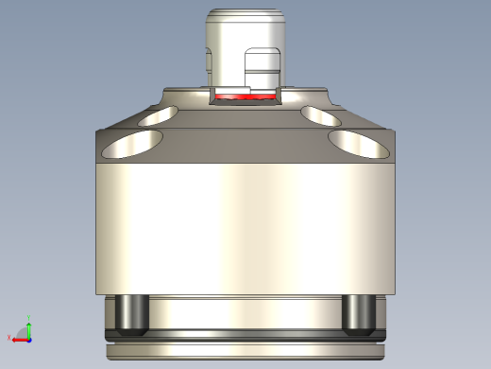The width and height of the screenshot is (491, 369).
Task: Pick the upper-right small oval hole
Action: click(322, 116)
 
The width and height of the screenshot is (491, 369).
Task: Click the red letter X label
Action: click(8, 337)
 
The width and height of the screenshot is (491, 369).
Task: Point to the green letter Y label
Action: click(28, 317)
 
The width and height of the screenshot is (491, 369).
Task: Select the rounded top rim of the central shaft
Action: click(245, 14)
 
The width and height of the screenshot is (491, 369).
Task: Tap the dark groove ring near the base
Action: click(245, 336)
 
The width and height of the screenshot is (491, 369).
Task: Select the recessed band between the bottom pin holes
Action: click(245, 312)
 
